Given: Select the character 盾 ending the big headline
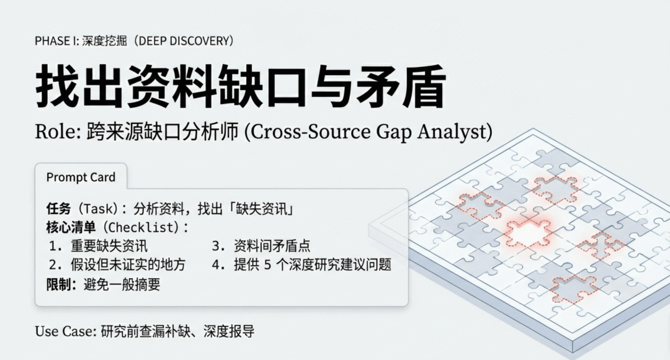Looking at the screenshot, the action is [424, 86].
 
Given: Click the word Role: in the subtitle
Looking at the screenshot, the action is [58, 132].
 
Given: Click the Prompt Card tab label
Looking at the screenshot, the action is [81, 177].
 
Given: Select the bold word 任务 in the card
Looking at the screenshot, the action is [58, 209].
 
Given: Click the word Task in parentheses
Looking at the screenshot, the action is [99, 209].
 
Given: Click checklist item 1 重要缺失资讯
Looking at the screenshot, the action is [109, 246].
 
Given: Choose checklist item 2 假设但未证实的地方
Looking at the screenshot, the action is [128, 264].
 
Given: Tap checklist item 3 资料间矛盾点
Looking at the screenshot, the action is [272, 246].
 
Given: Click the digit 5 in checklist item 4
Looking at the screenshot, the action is [267, 265].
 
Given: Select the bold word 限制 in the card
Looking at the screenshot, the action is [58, 284].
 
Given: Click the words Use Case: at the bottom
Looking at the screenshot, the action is [66, 331].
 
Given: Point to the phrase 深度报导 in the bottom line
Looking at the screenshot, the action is [229, 331].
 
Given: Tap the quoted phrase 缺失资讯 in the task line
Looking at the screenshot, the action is [262, 209].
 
